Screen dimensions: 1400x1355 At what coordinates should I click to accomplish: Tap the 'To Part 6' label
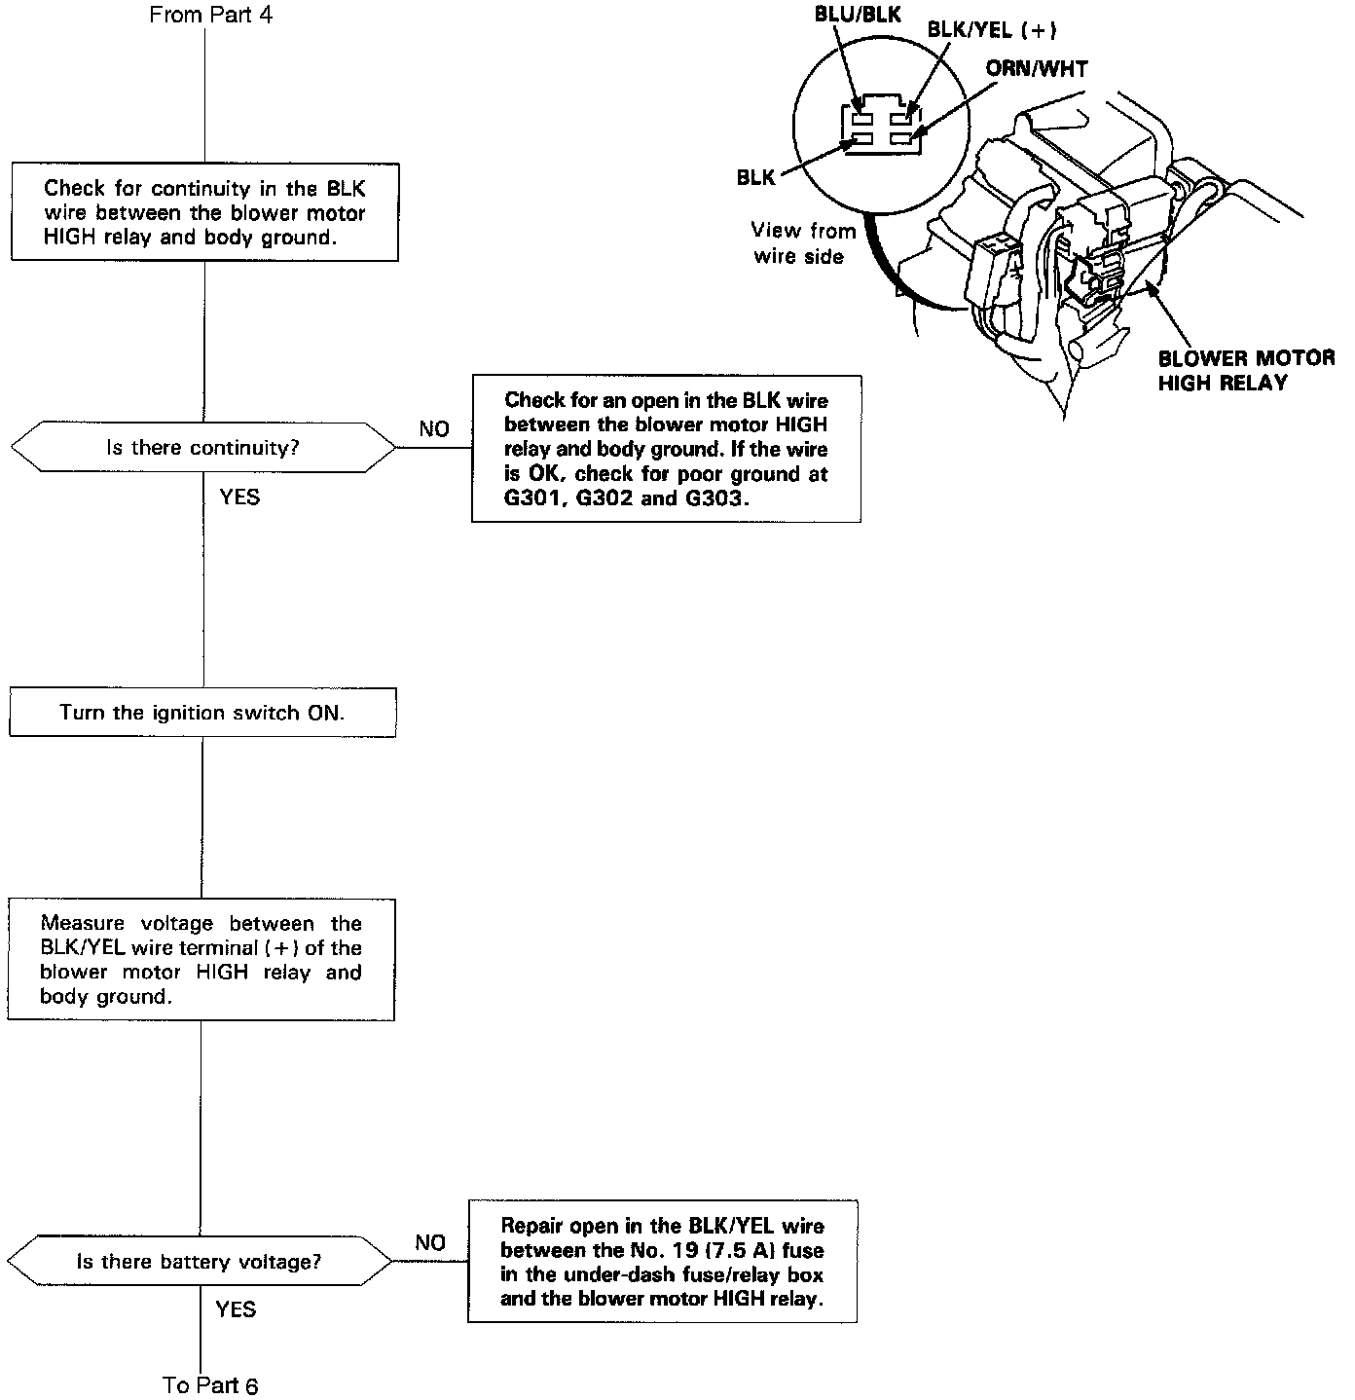point(210,1384)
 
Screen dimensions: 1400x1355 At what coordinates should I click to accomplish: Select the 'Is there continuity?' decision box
point(202,448)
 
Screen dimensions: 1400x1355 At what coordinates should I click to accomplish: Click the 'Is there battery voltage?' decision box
point(200,1262)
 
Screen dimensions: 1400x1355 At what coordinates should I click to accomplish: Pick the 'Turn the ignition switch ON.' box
point(202,713)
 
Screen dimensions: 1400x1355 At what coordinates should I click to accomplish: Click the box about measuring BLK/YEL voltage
point(201,959)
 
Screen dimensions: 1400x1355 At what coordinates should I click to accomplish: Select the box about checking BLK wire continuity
point(204,212)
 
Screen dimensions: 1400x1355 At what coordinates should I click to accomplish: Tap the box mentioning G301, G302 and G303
point(666,449)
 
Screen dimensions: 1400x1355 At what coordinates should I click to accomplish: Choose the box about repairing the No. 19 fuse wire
point(662,1261)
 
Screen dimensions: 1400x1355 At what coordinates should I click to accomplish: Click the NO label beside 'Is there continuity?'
point(434,429)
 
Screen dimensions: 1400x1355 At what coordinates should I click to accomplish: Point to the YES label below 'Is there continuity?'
point(239,497)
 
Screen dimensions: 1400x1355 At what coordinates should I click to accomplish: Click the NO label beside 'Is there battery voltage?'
point(430,1243)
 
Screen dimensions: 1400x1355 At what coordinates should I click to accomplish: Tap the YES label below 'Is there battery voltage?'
point(236,1309)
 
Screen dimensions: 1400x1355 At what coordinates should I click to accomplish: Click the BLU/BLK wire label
point(858,16)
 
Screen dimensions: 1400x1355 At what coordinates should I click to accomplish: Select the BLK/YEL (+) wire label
point(992,30)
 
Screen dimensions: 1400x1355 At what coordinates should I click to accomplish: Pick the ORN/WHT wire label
point(1037,69)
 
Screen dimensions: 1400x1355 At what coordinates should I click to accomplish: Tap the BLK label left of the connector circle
point(755,178)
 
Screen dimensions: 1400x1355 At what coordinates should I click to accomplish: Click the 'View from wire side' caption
point(802,243)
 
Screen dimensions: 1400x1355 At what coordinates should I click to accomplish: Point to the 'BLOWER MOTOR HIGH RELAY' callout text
point(1246,370)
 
